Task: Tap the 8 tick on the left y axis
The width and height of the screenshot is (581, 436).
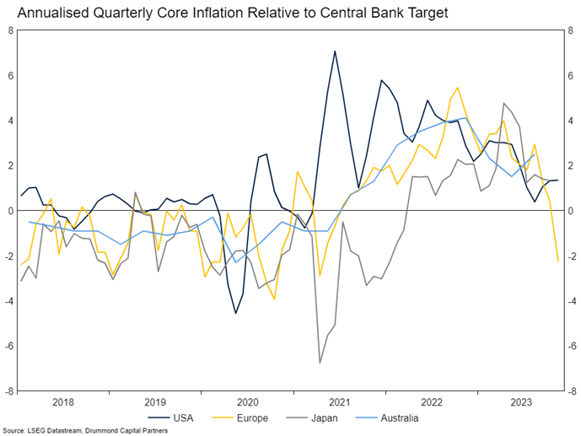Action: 11,30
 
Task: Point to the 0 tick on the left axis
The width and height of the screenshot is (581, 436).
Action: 11,211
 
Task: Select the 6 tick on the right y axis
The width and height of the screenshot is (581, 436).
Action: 571,75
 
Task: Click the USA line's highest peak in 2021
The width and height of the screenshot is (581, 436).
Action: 335,51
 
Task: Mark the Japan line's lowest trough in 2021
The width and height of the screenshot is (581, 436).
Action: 320,363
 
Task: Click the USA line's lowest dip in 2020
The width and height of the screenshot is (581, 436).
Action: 236,314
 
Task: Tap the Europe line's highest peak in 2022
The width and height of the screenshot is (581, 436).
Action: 458,88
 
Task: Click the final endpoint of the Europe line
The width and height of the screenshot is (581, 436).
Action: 557,261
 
